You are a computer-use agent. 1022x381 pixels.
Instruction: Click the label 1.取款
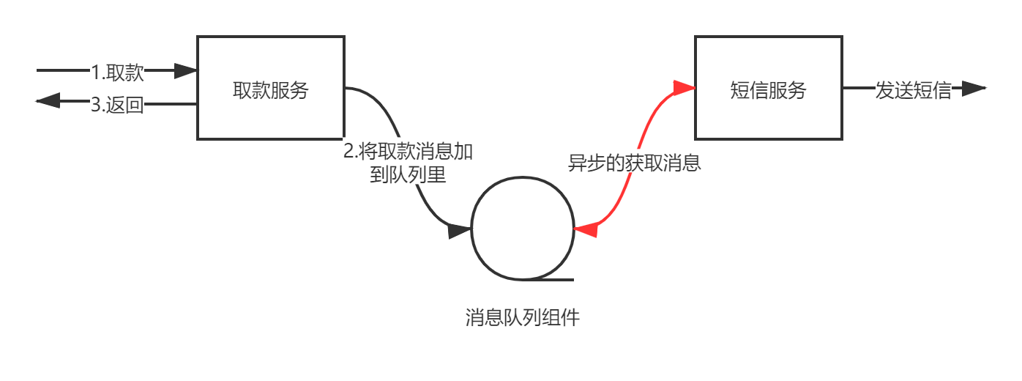117,72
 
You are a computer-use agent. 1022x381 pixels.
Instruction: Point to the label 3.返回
117,104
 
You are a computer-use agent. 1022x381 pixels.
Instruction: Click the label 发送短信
914,90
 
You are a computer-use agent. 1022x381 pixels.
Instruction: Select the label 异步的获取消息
635,162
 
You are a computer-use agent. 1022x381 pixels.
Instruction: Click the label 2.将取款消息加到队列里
409,163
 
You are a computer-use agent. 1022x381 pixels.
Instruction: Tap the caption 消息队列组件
522,318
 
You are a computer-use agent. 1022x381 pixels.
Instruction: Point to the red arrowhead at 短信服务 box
685,88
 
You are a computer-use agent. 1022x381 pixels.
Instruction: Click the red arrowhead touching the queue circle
585,230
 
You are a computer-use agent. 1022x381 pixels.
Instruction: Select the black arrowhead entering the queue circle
459,231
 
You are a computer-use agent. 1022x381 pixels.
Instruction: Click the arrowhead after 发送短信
974,89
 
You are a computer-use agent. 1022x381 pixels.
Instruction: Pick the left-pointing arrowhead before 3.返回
48,102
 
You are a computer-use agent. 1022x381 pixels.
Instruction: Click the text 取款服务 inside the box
271,90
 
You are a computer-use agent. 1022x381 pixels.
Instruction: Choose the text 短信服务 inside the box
768,90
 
